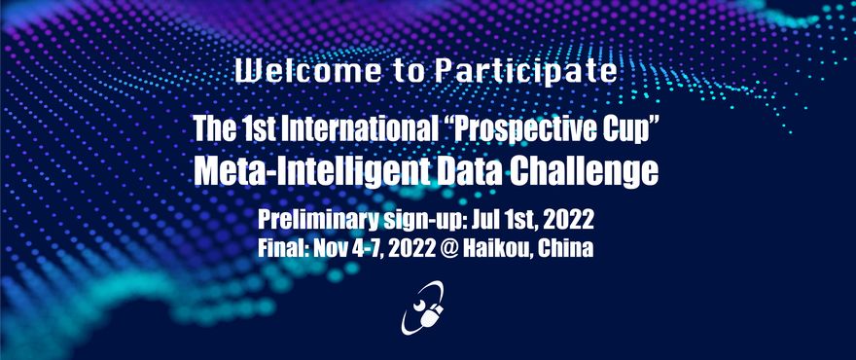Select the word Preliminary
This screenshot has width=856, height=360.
(318, 220)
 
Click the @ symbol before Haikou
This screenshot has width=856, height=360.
(449, 249)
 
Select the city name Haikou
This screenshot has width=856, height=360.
(498, 248)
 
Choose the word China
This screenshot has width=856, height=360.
(565, 248)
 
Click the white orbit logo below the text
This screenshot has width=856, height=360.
(422, 307)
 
